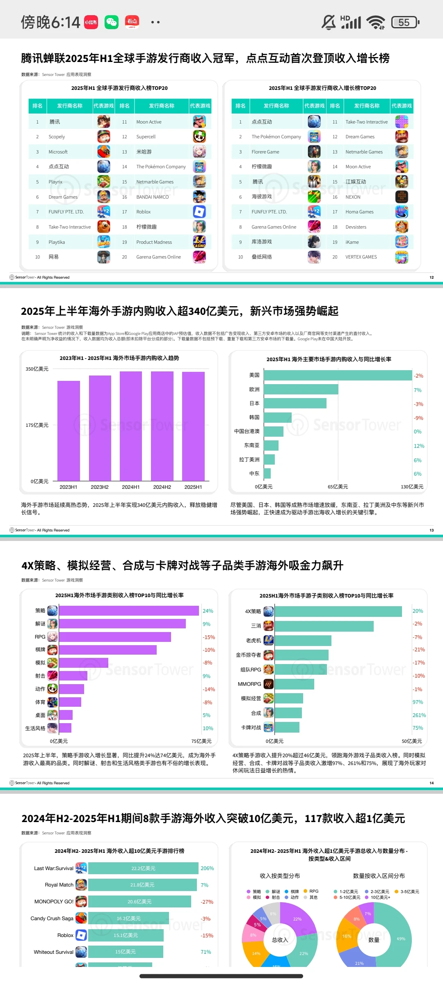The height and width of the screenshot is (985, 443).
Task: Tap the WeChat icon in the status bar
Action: pos(111,22)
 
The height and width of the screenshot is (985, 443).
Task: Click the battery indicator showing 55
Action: pos(405,22)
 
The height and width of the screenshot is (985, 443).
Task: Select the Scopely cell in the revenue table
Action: pos(57,137)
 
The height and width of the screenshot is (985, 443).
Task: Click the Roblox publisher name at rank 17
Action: pos(144,212)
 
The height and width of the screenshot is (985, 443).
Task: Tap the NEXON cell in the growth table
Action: pos(353,197)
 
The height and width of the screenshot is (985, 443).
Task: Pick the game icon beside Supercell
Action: pos(199,137)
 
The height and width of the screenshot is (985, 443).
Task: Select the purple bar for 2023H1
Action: pos(69,431)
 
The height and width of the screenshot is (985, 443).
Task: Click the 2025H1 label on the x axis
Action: pos(193,487)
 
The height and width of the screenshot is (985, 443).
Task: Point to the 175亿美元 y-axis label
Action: pos(37,425)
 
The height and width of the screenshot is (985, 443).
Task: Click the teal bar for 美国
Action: pos(338,376)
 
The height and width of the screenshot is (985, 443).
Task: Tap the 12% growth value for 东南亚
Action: pos(419,446)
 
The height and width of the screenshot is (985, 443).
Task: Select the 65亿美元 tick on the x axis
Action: pos(338,487)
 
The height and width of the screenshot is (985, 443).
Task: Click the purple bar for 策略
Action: pos(129,611)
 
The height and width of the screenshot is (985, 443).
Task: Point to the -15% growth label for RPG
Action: pos(209,637)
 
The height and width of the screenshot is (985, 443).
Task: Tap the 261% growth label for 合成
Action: pos(419,715)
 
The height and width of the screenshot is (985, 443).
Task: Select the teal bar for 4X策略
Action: pos(338,612)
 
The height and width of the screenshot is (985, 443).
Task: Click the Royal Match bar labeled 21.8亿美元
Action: pos(142,885)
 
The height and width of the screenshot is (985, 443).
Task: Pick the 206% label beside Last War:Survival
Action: pos(207,868)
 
